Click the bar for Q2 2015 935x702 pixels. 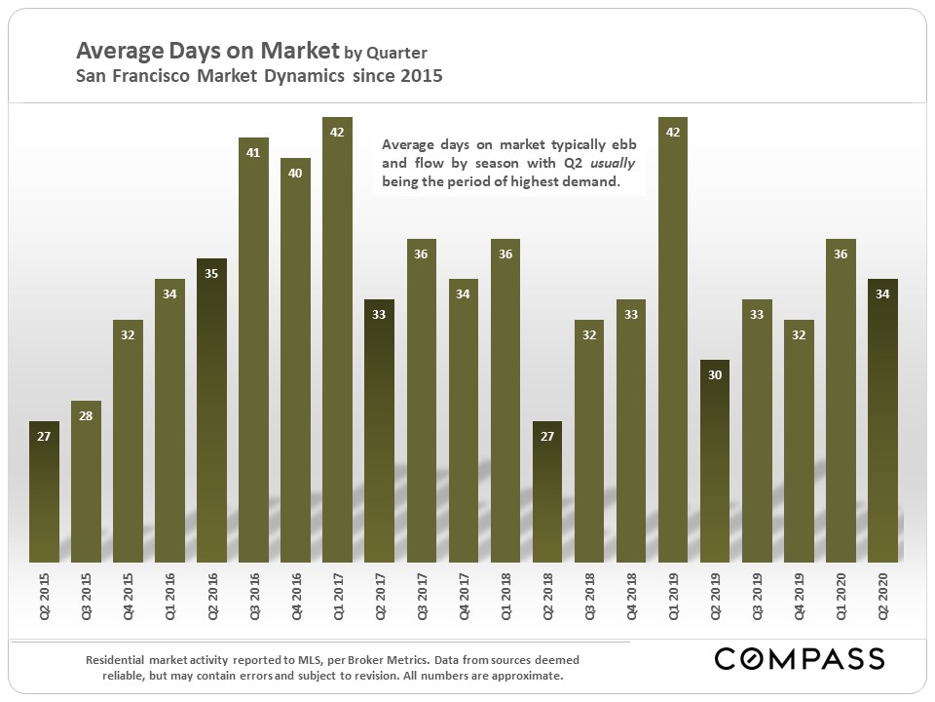tap(44, 492)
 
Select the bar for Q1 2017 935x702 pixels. tap(337, 341)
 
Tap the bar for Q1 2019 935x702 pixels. tap(672, 341)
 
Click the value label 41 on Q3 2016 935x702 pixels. tap(253, 153)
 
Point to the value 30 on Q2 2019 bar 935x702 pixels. tap(714, 375)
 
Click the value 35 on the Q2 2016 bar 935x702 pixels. tap(211, 275)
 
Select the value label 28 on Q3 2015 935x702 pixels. tap(86, 416)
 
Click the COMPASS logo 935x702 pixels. tap(799, 658)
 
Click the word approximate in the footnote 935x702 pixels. tap(526, 676)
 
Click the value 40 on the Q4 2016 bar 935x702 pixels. tap(295, 174)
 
